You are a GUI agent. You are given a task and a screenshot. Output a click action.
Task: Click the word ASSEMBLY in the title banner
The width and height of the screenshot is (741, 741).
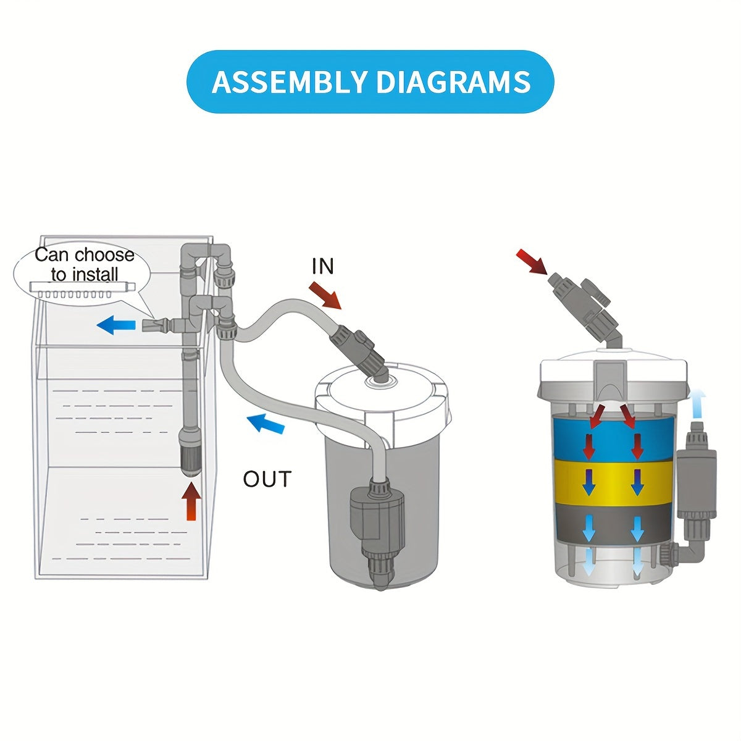point(288,82)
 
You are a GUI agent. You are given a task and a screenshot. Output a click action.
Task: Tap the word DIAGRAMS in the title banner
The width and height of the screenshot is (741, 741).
point(454,82)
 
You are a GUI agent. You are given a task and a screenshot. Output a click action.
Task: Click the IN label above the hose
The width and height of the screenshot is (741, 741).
point(322,266)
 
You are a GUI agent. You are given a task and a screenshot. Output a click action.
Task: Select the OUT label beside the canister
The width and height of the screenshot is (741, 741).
point(267,479)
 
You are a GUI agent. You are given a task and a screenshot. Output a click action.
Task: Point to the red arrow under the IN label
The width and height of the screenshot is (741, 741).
point(325,295)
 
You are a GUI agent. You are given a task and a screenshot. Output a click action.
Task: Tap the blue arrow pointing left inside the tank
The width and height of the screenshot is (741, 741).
point(115,325)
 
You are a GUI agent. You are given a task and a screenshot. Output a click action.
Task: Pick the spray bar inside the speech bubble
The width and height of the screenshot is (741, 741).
point(82,290)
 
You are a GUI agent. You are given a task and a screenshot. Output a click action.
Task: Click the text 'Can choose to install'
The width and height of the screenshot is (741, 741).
point(85,264)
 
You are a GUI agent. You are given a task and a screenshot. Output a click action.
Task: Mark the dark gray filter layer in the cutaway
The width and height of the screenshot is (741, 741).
point(613,524)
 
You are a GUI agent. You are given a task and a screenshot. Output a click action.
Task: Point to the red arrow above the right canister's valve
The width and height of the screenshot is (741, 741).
point(532,261)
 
